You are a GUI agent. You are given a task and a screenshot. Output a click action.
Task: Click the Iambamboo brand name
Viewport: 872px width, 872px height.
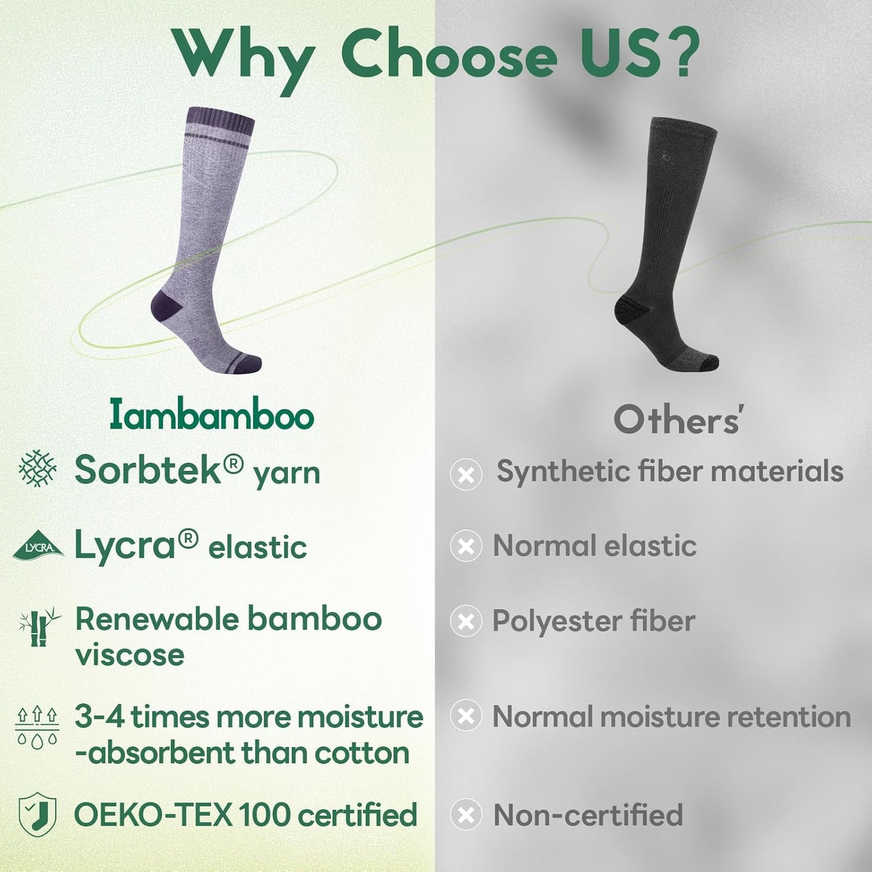[x=212, y=416]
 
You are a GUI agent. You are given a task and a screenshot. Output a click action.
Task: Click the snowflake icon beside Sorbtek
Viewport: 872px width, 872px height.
[x=37, y=468]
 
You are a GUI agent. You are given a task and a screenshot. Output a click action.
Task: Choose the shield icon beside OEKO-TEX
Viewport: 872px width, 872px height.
[x=37, y=815]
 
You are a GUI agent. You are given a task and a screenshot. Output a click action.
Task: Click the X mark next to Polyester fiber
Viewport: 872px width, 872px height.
[x=466, y=622]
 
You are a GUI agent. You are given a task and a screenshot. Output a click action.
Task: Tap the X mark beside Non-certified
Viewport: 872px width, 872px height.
[x=466, y=815]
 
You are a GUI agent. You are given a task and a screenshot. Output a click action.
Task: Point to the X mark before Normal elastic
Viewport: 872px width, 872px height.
[x=466, y=546]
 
